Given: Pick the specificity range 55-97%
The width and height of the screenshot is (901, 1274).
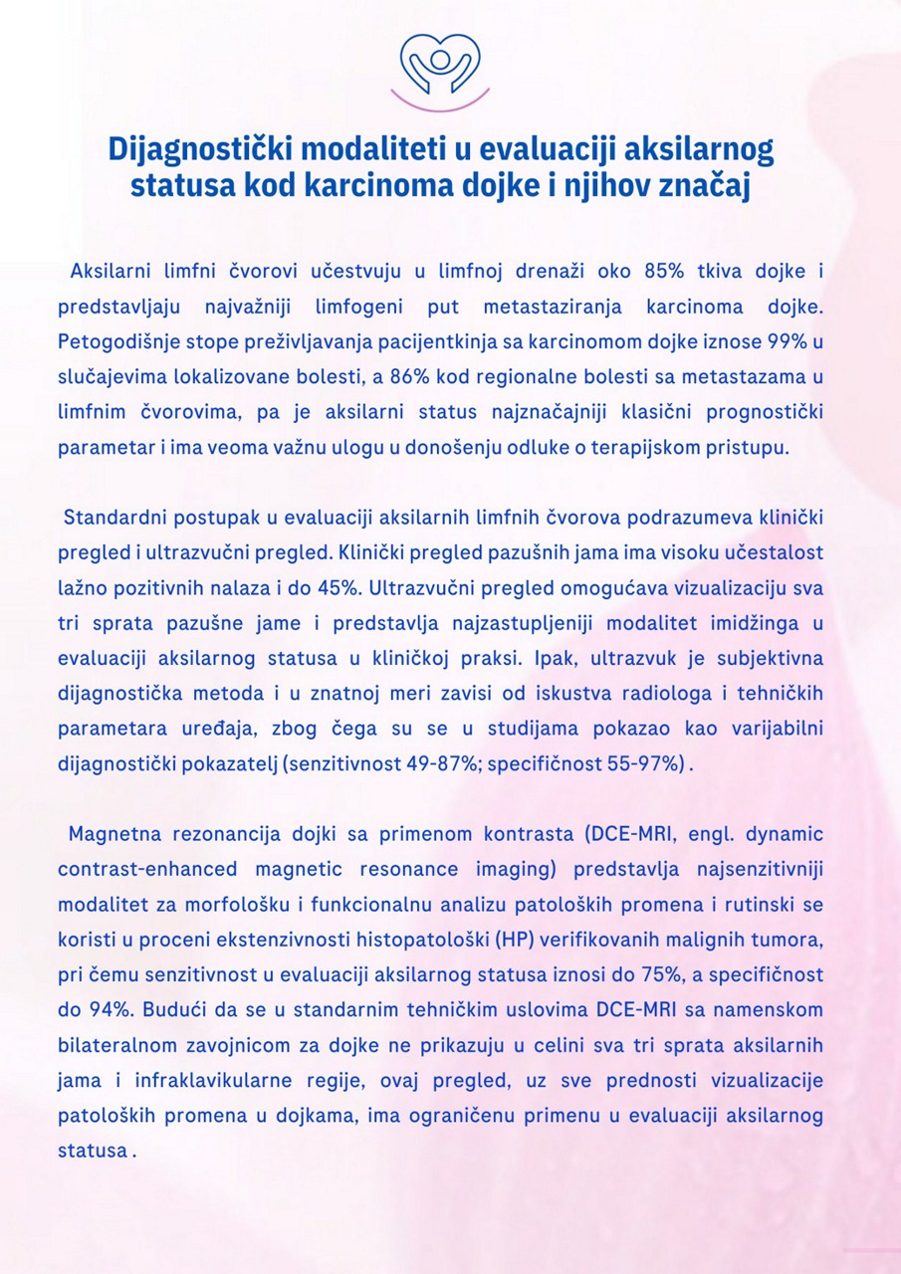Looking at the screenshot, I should [642, 763].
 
